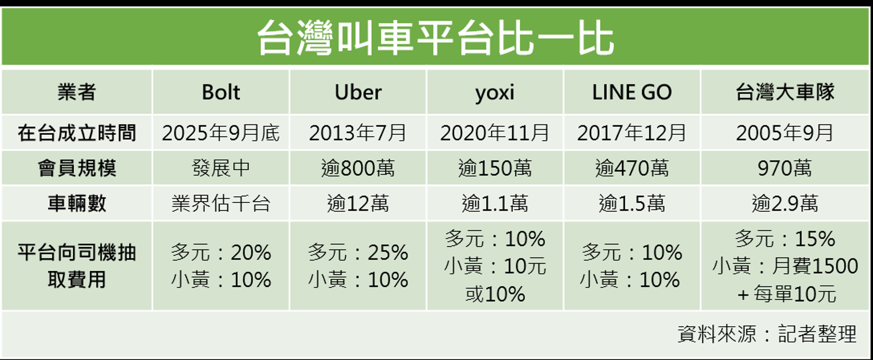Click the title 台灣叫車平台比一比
tap(435, 38)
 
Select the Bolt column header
tap(221, 92)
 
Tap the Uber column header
tap(358, 92)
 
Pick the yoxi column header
tap(495, 93)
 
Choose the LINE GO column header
tap(632, 92)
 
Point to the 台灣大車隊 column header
tap(785, 92)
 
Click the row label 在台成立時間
tap(76, 133)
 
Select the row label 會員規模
tap(76, 168)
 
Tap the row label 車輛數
tap(76, 203)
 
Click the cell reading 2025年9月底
tap(221, 133)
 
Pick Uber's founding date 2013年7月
tap(358, 133)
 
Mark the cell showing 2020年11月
tap(495, 133)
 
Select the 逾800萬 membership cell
tap(358, 168)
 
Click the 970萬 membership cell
tap(785, 168)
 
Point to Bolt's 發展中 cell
tap(221, 168)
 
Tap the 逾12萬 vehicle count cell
tap(358, 203)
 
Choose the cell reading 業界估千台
tap(221, 203)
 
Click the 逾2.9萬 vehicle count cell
tap(785, 203)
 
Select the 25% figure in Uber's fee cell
tap(387, 252)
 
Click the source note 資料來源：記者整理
tap(767, 333)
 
